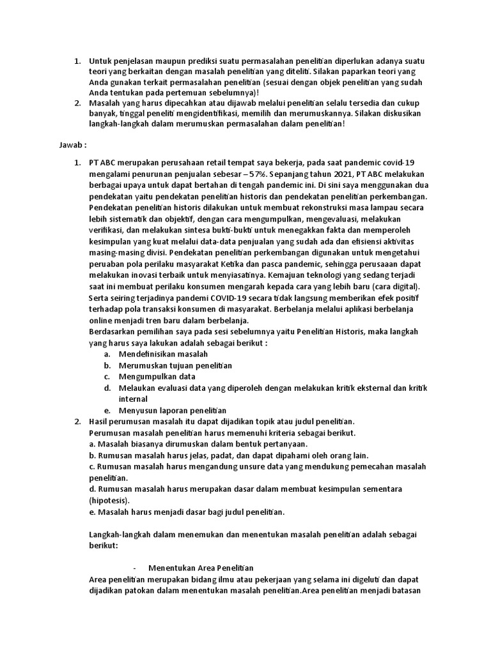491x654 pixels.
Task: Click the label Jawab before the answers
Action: tap(73, 146)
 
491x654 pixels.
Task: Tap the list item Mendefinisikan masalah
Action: tap(163, 354)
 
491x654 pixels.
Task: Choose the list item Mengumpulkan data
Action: tap(157, 376)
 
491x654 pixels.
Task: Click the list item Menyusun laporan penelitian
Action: tap(173, 410)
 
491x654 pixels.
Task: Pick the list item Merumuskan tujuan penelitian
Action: tap(175, 365)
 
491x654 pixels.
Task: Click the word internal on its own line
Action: tap(133, 399)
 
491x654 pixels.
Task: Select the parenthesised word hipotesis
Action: tap(109, 500)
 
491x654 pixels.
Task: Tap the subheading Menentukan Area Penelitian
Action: tap(201, 568)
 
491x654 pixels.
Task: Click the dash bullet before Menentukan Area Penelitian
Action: tap(136, 568)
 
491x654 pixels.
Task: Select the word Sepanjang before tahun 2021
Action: tap(291, 174)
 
